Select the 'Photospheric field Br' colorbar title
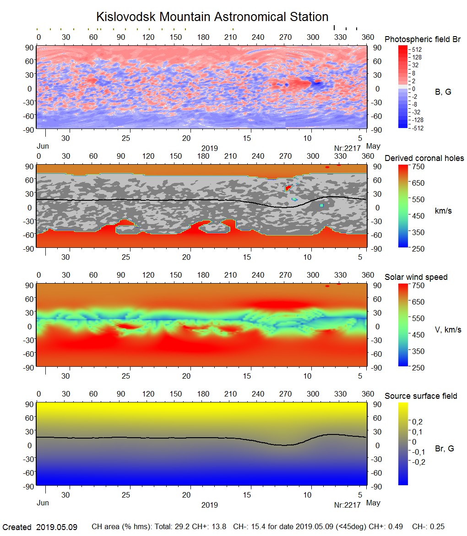click(x=423, y=39)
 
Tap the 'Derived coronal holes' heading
click(x=424, y=158)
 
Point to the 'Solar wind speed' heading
click(x=416, y=277)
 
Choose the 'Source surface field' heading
click(x=421, y=396)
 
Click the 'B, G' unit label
click(x=443, y=92)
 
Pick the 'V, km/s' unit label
click(x=448, y=330)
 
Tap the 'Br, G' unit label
click(x=445, y=449)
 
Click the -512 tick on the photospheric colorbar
click(x=418, y=128)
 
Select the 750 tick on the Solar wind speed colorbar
click(x=418, y=285)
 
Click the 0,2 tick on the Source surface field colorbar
click(x=418, y=422)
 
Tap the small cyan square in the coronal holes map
click(x=321, y=205)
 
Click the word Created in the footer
click(x=17, y=527)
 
